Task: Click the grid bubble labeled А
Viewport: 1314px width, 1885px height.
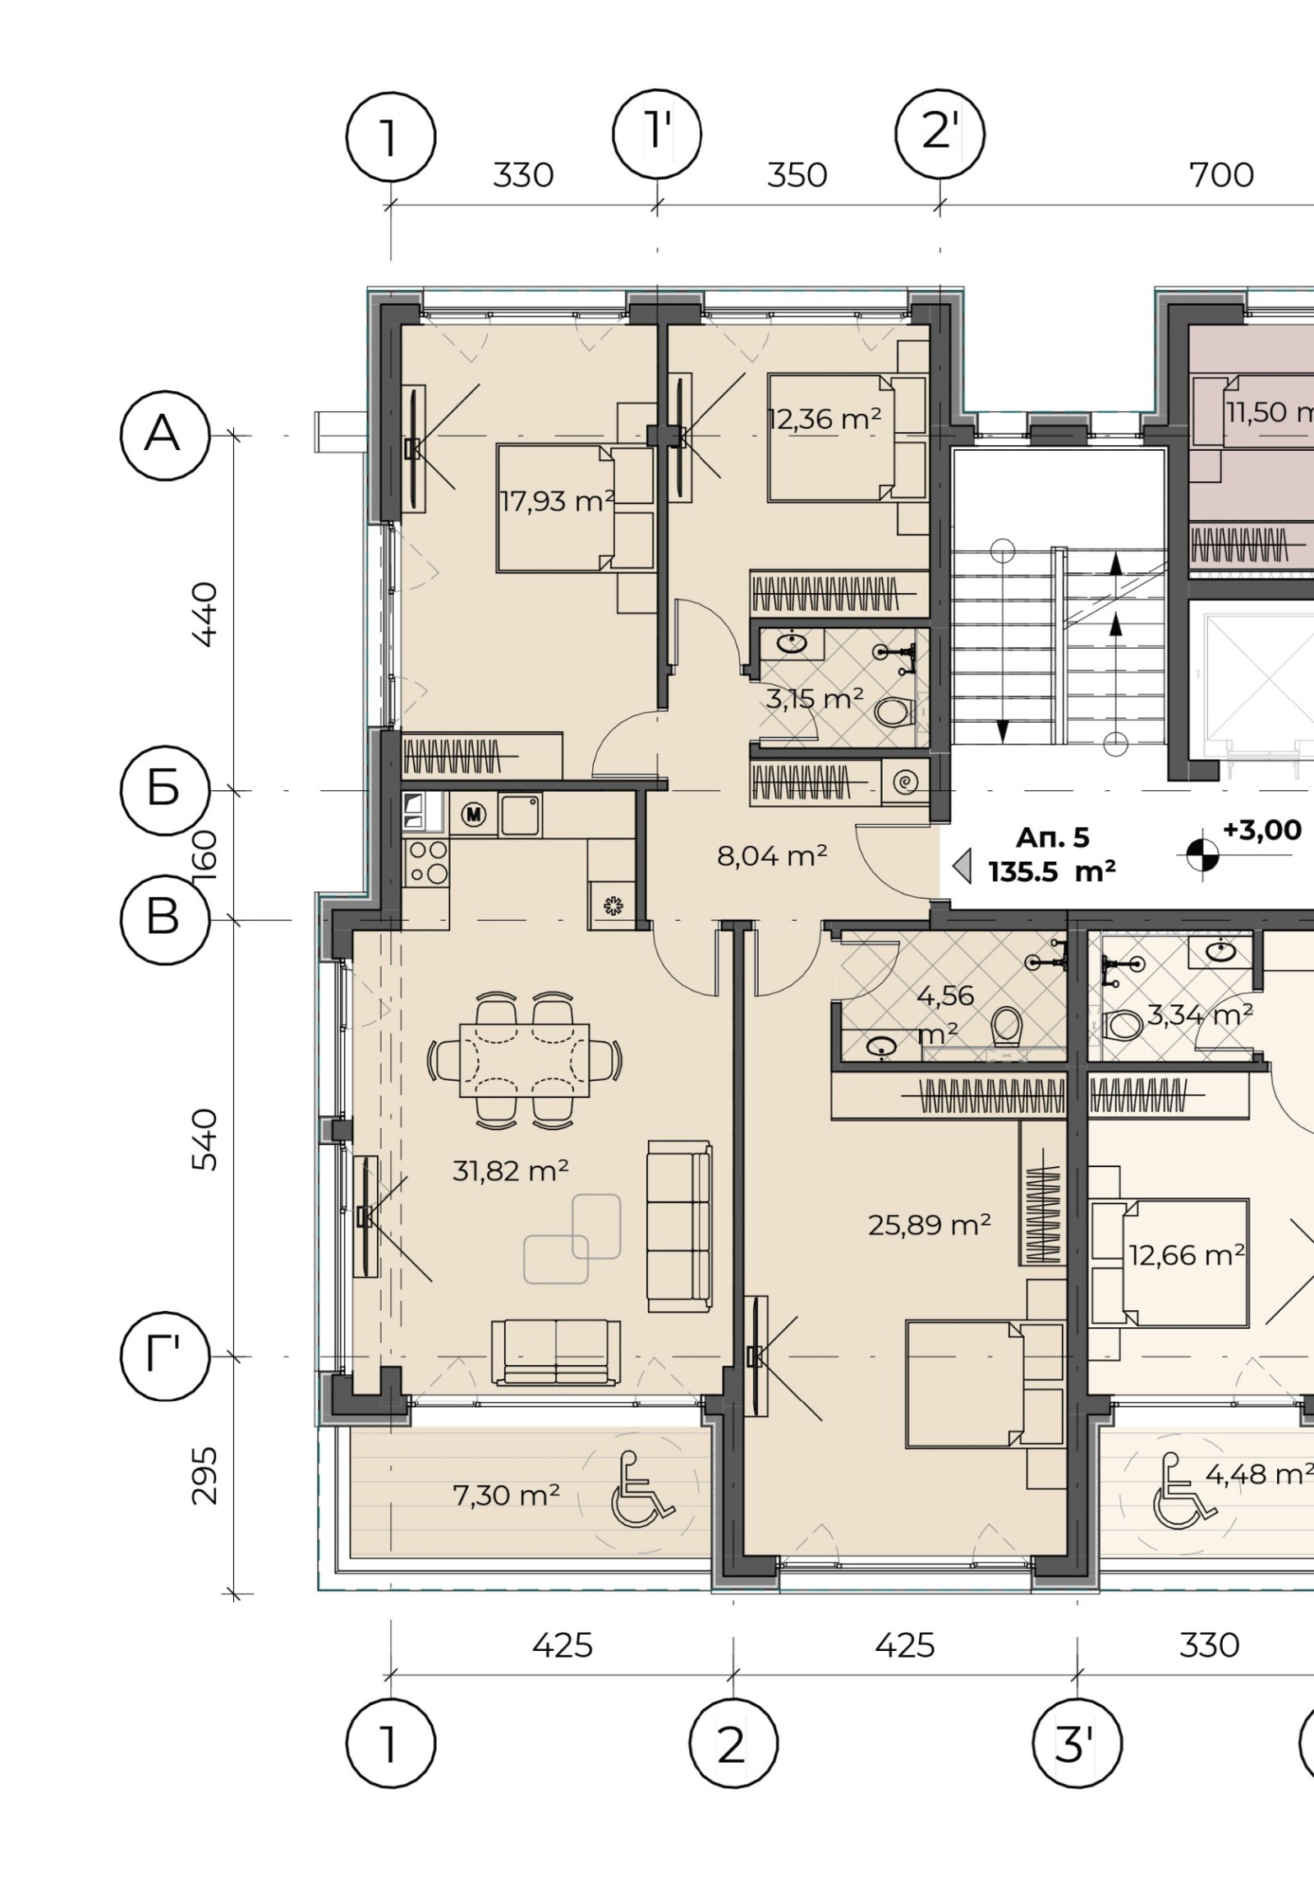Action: (x=165, y=435)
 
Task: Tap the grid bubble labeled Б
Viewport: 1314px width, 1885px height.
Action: (x=165, y=790)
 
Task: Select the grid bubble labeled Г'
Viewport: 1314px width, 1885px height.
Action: (x=165, y=1357)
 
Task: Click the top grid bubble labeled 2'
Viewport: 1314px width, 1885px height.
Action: (x=940, y=133)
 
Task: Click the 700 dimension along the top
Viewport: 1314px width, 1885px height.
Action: (x=1222, y=175)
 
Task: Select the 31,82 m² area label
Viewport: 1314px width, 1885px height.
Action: (x=511, y=1170)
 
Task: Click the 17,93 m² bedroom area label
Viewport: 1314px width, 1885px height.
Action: (x=558, y=500)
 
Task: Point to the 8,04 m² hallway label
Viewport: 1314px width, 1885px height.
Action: (x=772, y=857)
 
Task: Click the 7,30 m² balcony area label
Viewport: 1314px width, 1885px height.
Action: (x=506, y=1495)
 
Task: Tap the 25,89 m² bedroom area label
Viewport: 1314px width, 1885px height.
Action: (x=930, y=1225)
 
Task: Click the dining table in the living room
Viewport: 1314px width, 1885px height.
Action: (x=525, y=1060)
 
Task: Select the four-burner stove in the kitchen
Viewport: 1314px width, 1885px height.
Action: (x=427, y=862)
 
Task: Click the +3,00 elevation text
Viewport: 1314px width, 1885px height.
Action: (x=1262, y=830)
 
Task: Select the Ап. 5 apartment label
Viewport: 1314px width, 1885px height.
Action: (x=1052, y=838)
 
